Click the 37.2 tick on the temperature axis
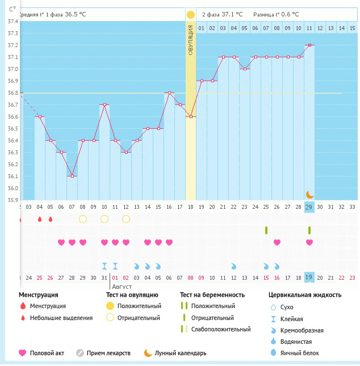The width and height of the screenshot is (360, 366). click(x=11, y=45)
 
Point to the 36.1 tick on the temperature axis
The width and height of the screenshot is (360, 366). click(x=11, y=176)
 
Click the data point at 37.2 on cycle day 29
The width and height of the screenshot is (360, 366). click(x=309, y=45)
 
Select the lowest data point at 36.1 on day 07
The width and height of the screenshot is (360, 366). click(x=72, y=176)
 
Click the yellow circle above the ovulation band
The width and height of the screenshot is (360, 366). click(x=191, y=15)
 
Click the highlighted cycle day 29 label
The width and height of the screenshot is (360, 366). click(x=309, y=207)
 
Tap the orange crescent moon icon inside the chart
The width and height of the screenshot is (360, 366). click(x=309, y=195)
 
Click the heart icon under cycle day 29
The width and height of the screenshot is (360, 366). click(x=309, y=242)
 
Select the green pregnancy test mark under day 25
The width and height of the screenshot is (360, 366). click(x=266, y=230)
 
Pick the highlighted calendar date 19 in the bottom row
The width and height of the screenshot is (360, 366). click(x=309, y=277)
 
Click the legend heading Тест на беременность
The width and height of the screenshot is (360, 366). click(x=212, y=295)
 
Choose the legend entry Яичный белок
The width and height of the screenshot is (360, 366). click(x=303, y=353)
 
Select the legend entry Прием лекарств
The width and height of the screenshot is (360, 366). click(x=108, y=353)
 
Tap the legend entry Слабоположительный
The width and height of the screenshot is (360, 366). click(x=220, y=329)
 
